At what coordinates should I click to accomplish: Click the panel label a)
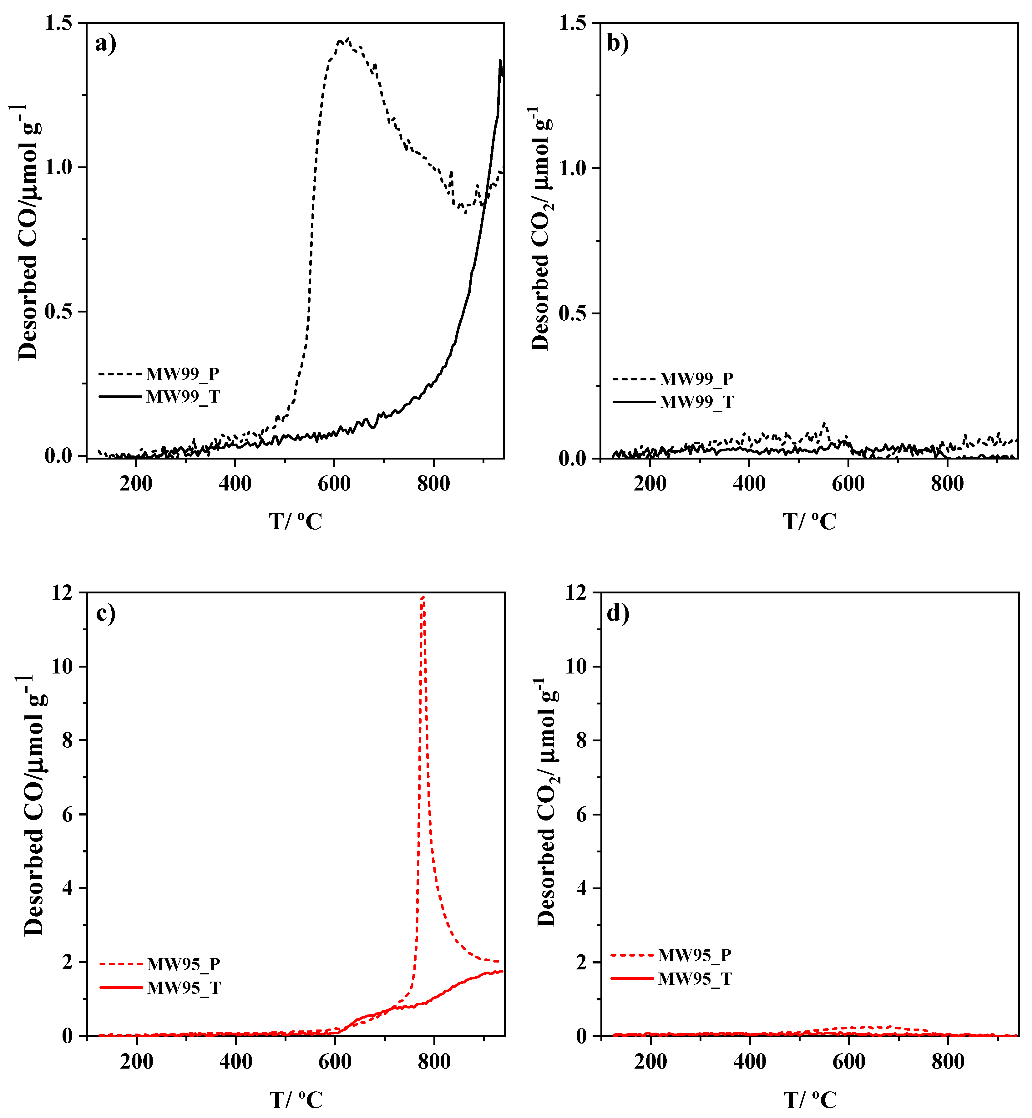106,43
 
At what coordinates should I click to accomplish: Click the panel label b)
618,43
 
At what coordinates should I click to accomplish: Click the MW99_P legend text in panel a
183,374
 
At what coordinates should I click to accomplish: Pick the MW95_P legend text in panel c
184,964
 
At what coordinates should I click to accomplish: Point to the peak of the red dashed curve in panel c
423,597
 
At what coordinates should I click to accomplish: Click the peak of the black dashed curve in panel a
347,39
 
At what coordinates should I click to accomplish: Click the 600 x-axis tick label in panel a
334,484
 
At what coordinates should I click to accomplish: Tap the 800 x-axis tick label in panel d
948,1062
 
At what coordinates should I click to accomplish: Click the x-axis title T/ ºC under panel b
809,522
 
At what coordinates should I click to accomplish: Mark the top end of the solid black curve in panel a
500,60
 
